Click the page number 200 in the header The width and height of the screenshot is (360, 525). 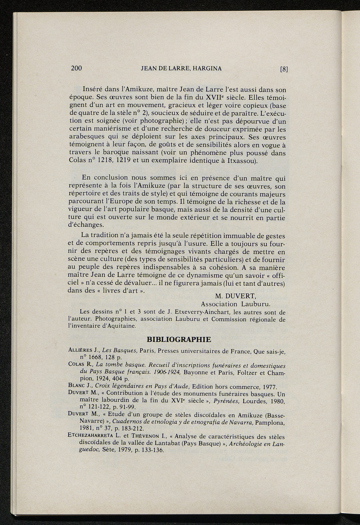(76, 68)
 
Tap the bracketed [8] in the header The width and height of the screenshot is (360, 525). (284, 69)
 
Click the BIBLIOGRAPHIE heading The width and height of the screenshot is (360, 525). (179, 339)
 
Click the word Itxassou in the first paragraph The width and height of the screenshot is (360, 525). (243, 161)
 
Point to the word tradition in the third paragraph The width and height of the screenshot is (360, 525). (108, 235)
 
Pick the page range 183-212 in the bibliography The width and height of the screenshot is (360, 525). (132, 428)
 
